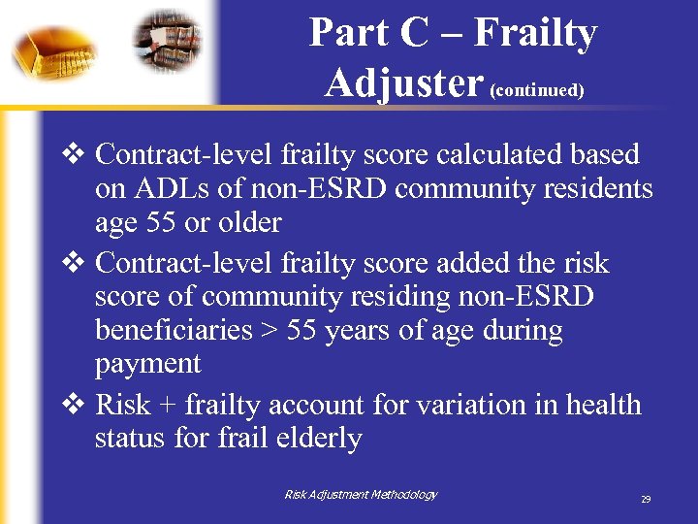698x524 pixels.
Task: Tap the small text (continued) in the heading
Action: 537,90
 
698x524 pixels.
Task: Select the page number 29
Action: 645,499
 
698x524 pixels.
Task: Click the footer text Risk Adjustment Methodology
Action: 361,495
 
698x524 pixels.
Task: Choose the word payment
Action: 147,364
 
